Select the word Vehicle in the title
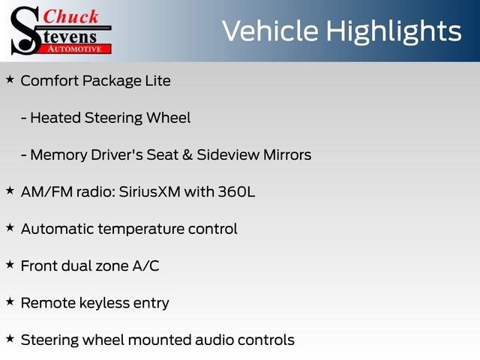271,31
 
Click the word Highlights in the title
393,31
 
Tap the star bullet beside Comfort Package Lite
10,79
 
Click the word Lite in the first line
157,80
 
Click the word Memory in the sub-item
61,155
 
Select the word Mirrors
283,155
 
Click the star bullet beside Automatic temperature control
10,227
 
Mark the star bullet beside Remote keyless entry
10,301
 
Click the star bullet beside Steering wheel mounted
10,339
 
